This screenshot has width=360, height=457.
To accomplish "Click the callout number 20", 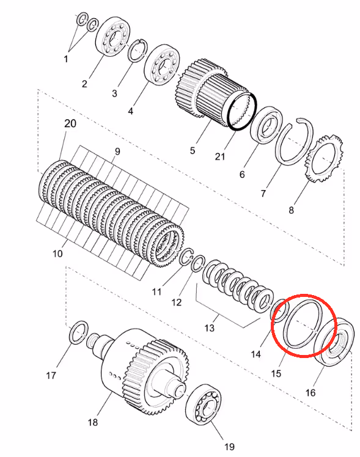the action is click(x=70, y=123).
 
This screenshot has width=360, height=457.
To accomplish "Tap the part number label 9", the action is click(x=117, y=152).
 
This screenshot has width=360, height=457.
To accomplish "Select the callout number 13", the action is click(x=209, y=328).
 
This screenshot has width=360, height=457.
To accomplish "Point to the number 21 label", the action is click(x=220, y=156).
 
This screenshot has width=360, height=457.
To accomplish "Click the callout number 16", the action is click(x=310, y=393).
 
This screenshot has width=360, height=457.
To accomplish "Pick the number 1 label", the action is click(x=66, y=59).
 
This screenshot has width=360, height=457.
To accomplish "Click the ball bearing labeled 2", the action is click(x=112, y=37).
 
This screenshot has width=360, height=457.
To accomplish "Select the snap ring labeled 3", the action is click(x=138, y=50).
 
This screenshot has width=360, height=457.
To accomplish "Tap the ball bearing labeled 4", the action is click(x=162, y=65).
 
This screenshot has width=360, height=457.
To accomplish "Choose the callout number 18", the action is click(x=93, y=422).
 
